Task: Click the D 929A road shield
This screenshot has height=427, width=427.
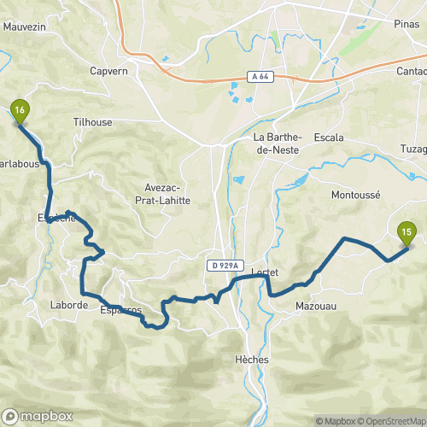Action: (x=225, y=266)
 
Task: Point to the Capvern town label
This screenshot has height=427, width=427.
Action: (x=108, y=71)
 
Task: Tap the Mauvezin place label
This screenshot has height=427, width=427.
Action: (x=23, y=26)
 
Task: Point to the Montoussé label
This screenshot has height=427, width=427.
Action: (x=354, y=195)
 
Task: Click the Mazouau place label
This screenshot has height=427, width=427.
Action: (x=313, y=305)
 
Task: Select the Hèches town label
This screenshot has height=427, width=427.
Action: (x=251, y=360)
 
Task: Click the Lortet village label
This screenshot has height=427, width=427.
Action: (x=266, y=272)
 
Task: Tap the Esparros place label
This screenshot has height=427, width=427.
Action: (x=119, y=310)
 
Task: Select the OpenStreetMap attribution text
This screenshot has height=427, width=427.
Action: (x=391, y=420)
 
